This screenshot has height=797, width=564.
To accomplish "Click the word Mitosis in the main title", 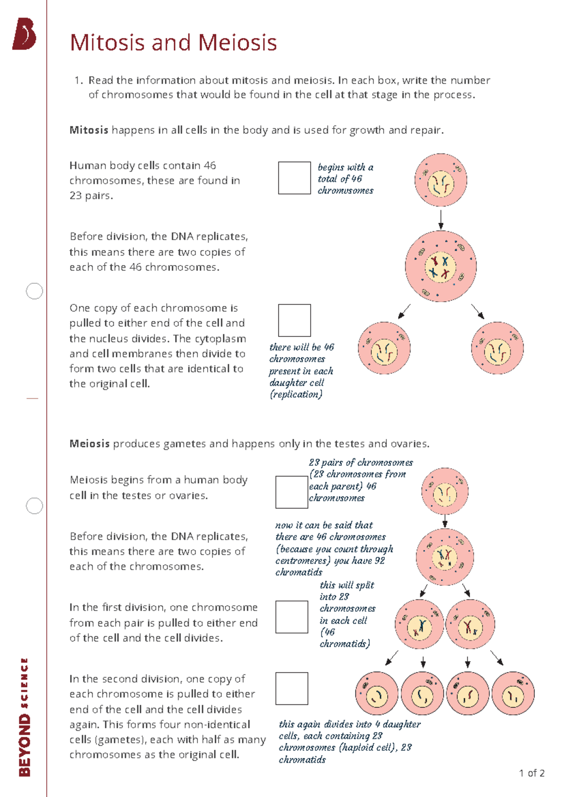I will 107,43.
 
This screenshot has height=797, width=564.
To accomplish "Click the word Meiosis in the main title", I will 237,43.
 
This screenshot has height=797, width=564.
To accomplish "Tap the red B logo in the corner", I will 24,34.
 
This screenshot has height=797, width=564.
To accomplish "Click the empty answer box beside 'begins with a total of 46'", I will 294,178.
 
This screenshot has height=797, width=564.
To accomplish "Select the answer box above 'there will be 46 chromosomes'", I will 294,320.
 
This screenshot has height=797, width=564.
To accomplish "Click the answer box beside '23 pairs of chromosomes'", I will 291,492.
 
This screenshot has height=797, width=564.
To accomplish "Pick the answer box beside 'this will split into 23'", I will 291,617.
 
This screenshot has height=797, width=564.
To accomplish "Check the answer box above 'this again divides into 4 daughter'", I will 291,688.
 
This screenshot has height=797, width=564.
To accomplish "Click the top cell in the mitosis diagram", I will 440,180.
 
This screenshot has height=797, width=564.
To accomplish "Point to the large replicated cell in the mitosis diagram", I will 440,266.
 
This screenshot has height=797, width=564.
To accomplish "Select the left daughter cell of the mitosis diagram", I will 384,348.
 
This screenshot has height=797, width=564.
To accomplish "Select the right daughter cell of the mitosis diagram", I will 497,348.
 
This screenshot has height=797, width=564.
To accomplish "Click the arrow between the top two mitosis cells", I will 440,219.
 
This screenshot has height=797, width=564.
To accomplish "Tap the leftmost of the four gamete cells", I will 376,694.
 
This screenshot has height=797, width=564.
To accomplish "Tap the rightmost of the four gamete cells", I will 513,694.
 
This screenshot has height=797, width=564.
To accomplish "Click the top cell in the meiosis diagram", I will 445,491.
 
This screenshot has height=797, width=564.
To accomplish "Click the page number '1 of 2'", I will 532,774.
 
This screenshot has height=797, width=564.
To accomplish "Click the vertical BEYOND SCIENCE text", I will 24,717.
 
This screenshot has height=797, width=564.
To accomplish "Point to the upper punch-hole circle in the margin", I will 34,291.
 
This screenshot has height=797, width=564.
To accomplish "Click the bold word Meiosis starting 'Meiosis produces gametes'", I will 89,444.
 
